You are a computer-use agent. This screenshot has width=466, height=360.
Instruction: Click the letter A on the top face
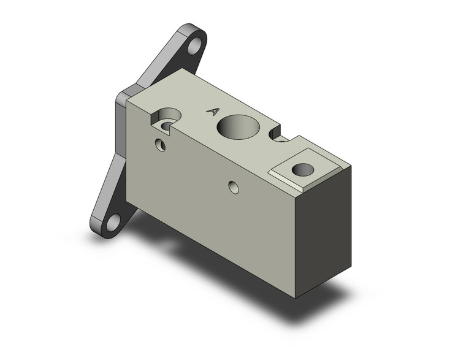[x=213, y=111]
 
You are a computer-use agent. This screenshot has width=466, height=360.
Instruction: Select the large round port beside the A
[x=238, y=127]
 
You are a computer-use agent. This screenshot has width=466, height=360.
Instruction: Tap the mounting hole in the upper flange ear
[x=194, y=46]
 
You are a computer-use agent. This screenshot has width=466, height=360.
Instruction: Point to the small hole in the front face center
[x=234, y=187]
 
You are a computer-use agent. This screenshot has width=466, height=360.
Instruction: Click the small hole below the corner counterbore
[x=161, y=145]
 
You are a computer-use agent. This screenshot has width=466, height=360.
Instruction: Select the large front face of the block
[x=208, y=202]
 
